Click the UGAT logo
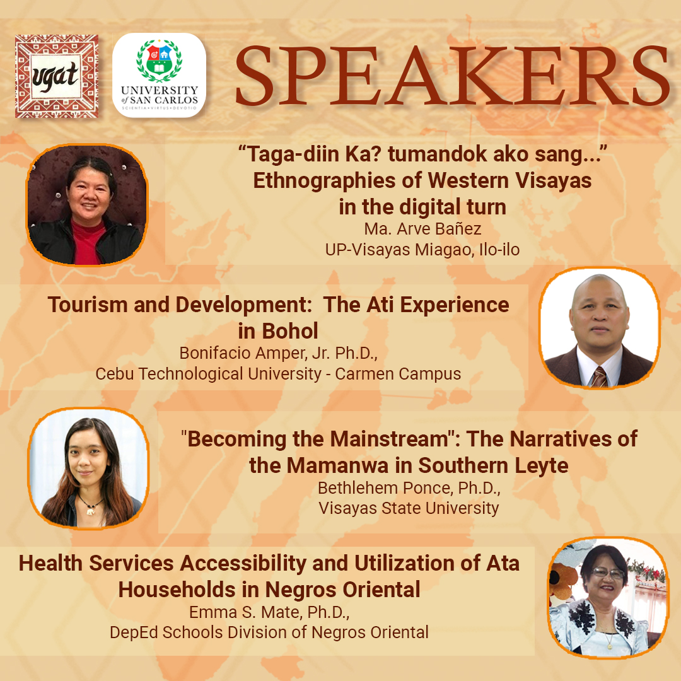tap(57, 76)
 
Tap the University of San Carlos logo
tap(159, 76)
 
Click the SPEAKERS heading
tap(451, 74)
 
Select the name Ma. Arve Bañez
tap(422, 229)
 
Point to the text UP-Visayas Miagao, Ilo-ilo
tap(422, 250)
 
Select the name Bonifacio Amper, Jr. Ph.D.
tap(278, 352)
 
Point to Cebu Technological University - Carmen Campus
tap(278, 374)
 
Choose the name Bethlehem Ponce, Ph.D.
tap(410, 488)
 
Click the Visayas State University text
tap(409, 508)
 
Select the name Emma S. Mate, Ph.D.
tap(269, 612)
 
